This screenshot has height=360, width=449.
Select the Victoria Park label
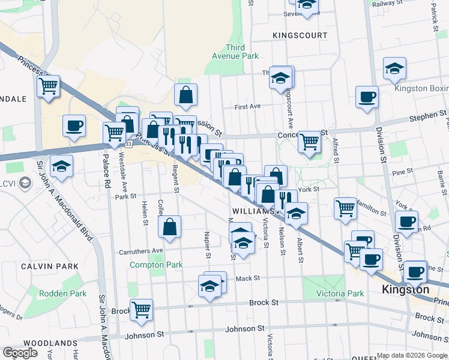pyautogui.click(x=340, y=294)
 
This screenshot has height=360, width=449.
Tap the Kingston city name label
pyautogui.click(x=406, y=290)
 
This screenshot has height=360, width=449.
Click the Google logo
pyautogui.click(x=20, y=353)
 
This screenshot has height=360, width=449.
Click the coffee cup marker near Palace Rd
pyautogui.click(x=74, y=126)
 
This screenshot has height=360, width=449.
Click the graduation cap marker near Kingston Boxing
pyautogui.click(x=394, y=68)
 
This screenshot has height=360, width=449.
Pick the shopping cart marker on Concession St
pyautogui.click(x=309, y=142)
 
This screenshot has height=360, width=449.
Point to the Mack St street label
pyautogui.click(x=247, y=278)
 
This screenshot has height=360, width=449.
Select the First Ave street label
pyautogui.click(x=248, y=107)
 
